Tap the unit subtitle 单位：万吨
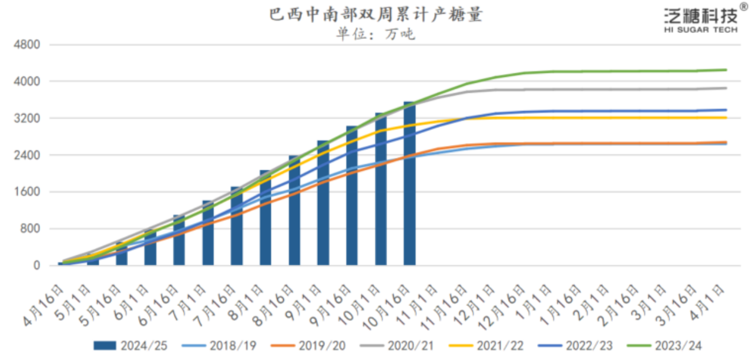[375, 34]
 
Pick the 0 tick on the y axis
[36, 265]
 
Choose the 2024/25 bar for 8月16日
[294, 211]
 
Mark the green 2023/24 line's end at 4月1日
[726, 70]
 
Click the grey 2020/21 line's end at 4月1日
[726, 88]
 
